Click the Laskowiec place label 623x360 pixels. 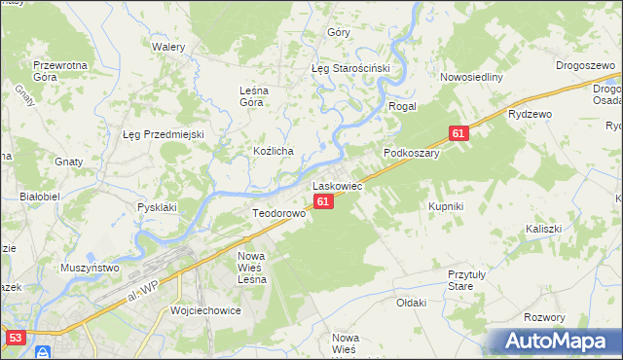337,185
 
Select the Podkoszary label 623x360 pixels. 412,153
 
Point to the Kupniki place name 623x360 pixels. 445,206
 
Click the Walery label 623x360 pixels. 168,46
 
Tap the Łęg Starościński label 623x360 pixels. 349,69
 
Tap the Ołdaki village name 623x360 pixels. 412,303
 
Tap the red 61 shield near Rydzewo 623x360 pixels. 459,132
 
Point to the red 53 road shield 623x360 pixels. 15,338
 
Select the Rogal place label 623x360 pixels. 403,106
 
